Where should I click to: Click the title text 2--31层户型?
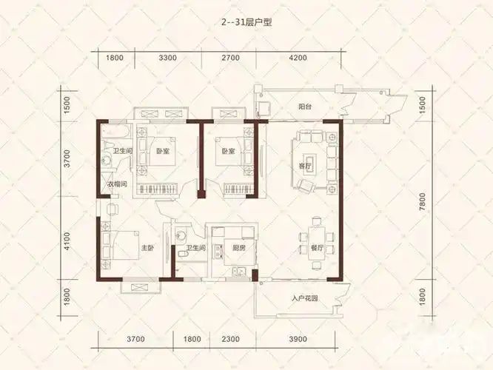[246, 23]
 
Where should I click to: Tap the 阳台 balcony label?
[305, 107]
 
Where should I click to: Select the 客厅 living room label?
[305, 166]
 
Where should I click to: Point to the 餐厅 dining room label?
[317, 248]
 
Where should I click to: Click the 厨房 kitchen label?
[239, 248]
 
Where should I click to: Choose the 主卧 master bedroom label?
[147, 248]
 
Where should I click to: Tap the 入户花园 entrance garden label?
[305, 298]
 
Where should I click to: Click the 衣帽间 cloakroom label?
[117, 184]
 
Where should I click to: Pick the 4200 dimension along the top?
[298, 58]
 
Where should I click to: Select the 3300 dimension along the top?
[168, 58]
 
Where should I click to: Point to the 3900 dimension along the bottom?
[298, 339]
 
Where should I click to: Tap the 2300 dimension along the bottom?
[230, 339]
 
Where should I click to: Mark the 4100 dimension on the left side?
[67, 241]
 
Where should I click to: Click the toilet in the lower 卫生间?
[183, 253]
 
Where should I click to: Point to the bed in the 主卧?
[121, 245]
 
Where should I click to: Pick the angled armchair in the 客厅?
[306, 186]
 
